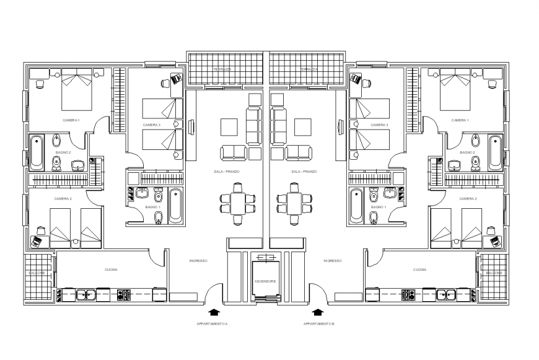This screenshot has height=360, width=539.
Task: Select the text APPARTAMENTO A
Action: (x=213, y=323)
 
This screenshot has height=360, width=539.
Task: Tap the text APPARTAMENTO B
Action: (x=319, y=323)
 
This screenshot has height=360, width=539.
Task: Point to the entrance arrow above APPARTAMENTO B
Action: (x=319, y=312)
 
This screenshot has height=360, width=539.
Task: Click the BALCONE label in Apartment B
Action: (x=494, y=273)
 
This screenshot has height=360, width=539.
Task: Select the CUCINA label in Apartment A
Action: (x=111, y=270)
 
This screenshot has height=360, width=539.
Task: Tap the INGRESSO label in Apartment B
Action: (x=333, y=261)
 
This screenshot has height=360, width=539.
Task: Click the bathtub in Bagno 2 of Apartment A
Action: (x=37, y=152)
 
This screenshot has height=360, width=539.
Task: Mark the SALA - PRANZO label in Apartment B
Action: (x=304, y=172)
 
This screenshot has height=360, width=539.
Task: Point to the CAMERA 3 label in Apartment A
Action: (x=152, y=125)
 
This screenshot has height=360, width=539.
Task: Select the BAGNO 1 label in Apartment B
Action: (x=379, y=207)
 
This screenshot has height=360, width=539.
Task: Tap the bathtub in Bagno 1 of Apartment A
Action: (x=175, y=205)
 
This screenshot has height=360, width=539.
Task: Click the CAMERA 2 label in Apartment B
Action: (x=468, y=199)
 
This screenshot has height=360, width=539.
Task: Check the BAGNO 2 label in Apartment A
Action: (x=63, y=152)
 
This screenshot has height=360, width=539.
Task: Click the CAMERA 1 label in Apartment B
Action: (x=460, y=120)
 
